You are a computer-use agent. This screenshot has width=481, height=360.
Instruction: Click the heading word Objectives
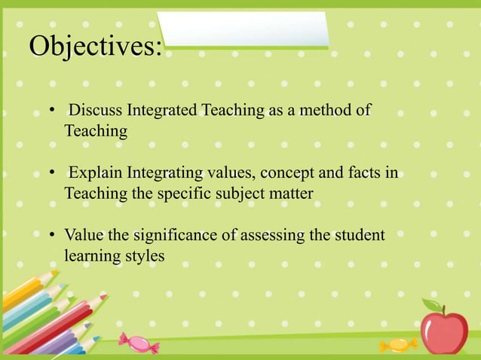[x=94, y=46]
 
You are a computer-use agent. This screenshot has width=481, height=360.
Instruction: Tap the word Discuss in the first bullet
[x=96, y=111]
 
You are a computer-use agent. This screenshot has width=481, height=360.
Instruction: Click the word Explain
[x=96, y=175]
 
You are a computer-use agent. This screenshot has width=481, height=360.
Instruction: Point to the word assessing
[x=277, y=236]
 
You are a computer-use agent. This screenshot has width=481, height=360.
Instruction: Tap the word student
[x=359, y=236]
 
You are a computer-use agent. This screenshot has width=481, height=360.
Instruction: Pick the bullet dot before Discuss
[x=51, y=112]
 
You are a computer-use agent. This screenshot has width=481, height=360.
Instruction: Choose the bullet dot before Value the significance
[x=51, y=236]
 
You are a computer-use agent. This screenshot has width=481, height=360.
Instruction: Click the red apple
[x=444, y=332]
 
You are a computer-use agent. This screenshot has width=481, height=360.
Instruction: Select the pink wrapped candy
[x=139, y=343]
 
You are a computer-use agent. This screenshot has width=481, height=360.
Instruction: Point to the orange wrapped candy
[x=397, y=345]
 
